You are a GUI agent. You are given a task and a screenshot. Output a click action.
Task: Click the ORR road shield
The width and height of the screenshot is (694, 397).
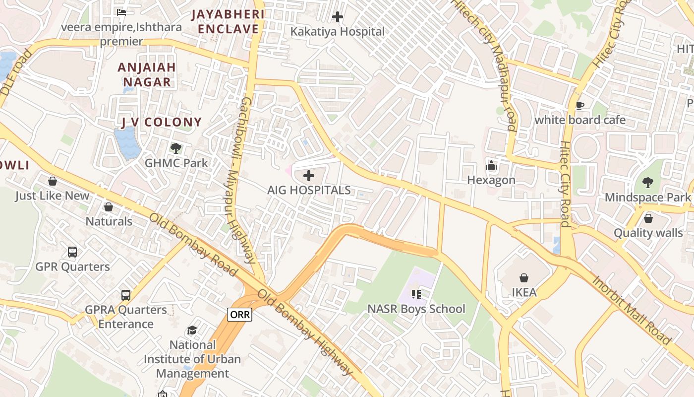[240, 314]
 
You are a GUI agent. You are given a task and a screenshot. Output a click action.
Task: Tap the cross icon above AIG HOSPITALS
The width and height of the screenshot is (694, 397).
[308, 176]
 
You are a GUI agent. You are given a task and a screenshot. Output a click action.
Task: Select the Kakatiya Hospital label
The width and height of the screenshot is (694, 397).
[337, 31]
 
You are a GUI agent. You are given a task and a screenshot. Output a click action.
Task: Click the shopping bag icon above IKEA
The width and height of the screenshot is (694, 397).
[523, 278]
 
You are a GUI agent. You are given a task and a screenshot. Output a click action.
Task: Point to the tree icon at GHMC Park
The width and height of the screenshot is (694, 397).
[175, 148]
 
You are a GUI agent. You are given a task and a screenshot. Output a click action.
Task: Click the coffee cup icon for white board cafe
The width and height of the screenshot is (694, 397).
[579, 105]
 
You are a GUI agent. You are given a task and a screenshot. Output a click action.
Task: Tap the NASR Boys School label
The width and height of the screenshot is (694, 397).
[416, 309]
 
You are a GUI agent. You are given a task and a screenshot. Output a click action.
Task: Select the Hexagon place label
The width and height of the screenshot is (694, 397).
[491, 180]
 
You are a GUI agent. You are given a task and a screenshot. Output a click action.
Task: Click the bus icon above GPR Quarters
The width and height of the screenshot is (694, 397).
[72, 252]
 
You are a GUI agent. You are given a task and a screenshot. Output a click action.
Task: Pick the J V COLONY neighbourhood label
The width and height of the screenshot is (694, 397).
[162, 122]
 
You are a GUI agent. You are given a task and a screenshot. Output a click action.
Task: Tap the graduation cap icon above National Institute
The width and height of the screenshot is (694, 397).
[192, 331]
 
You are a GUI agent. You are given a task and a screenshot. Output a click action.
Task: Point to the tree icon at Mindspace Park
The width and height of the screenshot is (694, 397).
[647, 183]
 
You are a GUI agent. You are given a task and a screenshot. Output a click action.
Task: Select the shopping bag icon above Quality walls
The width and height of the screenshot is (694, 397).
[648, 218]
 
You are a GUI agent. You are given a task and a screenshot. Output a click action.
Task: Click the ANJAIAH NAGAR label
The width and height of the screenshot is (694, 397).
[147, 74]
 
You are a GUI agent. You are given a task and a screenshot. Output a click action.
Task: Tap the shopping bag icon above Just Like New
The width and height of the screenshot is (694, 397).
[52, 182]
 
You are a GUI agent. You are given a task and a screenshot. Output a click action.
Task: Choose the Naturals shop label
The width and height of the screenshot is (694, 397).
[109, 221]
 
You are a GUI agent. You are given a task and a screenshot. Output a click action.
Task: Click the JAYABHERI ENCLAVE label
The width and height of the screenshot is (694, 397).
[228, 21]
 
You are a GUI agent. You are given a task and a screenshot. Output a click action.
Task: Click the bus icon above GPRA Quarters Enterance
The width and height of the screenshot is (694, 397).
[126, 295]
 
